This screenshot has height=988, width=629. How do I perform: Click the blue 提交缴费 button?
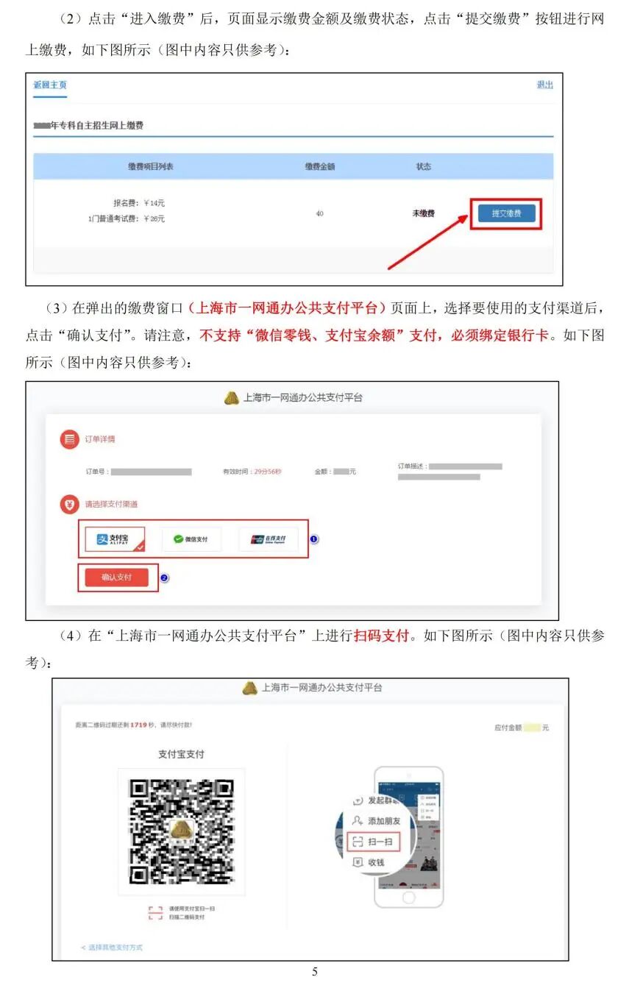tap(506, 213)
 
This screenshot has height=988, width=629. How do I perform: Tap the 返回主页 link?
tap(50, 85)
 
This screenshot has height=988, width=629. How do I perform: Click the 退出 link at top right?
tap(544, 85)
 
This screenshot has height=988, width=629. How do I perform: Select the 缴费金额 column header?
tap(320, 167)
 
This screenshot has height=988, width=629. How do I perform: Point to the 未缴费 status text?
tap(423, 213)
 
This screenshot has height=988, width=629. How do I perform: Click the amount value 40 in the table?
tap(319, 213)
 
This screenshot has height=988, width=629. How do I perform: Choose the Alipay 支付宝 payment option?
tap(114, 539)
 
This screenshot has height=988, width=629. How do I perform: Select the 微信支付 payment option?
tap(191, 539)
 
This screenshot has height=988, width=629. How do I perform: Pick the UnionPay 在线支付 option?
tap(268, 539)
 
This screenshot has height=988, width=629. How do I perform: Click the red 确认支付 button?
tap(117, 577)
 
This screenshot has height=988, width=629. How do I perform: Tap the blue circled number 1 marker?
tap(313, 539)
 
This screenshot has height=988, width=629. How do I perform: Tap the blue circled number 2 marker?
tap(164, 578)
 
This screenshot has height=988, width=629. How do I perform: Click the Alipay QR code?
tap(182, 831)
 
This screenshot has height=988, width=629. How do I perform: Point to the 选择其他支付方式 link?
tap(112, 947)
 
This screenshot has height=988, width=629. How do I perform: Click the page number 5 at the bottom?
tap(315, 972)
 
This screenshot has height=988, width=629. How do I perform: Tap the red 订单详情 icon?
tap(70, 439)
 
